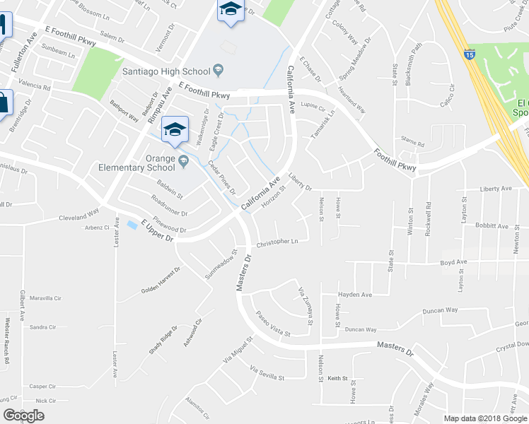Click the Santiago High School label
point(165,71)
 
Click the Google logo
point(23,416)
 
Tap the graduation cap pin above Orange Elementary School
point(175,129)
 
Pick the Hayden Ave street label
point(354,294)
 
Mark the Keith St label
point(337,379)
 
